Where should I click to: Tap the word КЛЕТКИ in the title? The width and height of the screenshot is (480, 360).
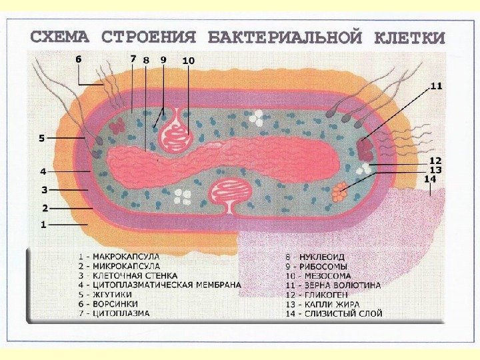point(409,38)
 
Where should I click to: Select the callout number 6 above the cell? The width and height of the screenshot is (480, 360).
point(78,59)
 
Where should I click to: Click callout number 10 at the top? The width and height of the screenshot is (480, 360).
point(188,60)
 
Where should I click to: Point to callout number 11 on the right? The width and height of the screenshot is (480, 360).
point(435,86)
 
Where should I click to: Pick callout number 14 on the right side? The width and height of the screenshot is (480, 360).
point(431,179)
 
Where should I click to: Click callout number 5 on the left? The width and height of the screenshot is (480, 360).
point(41,139)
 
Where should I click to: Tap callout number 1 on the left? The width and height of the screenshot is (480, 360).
point(43,225)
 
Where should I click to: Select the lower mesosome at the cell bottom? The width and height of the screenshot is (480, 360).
point(231,193)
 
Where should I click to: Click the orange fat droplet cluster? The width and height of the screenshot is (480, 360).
point(339,193)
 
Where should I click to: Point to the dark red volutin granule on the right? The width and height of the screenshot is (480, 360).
point(365,147)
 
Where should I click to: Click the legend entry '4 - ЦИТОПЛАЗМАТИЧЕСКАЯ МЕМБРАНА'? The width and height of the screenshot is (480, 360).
point(159,284)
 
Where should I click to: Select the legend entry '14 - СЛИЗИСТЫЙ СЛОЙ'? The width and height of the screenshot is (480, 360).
point(333,313)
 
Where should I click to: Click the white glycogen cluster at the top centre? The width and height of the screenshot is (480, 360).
point(256,118)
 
